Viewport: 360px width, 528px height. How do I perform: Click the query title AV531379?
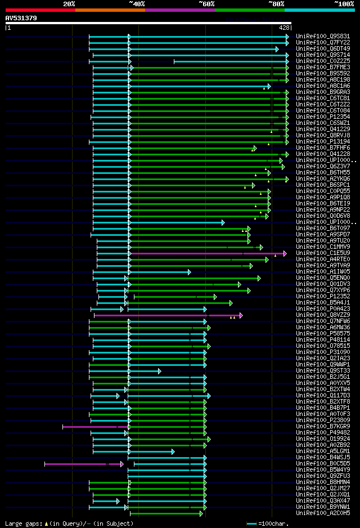(21, 18)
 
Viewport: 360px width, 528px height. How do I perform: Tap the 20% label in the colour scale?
(69, 4)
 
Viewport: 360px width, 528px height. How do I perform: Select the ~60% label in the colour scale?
(206, 4)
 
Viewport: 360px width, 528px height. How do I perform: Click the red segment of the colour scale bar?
(40, 10)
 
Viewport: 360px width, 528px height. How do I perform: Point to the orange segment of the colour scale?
(110, 10)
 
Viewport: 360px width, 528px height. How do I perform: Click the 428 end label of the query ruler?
(284, 27)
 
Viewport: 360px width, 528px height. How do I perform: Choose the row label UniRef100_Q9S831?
(323, 36)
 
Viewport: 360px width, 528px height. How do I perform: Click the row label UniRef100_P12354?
(323, 117)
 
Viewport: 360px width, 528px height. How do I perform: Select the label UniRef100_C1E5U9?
(323, 253)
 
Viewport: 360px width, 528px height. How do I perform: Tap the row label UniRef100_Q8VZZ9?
(323, 315)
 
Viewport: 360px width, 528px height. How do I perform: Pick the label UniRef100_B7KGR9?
(323, 426)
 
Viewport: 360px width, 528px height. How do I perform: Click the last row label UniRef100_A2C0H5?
(323, 513)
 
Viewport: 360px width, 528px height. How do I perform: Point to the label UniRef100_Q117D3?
(323, 395)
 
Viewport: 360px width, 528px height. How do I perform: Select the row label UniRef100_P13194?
(323, 141)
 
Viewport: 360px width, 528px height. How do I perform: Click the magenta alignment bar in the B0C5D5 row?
(83, 464)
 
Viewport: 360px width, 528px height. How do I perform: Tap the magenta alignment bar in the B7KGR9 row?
(90, 427)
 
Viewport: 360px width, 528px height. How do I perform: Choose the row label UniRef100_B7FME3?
(323, 67)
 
